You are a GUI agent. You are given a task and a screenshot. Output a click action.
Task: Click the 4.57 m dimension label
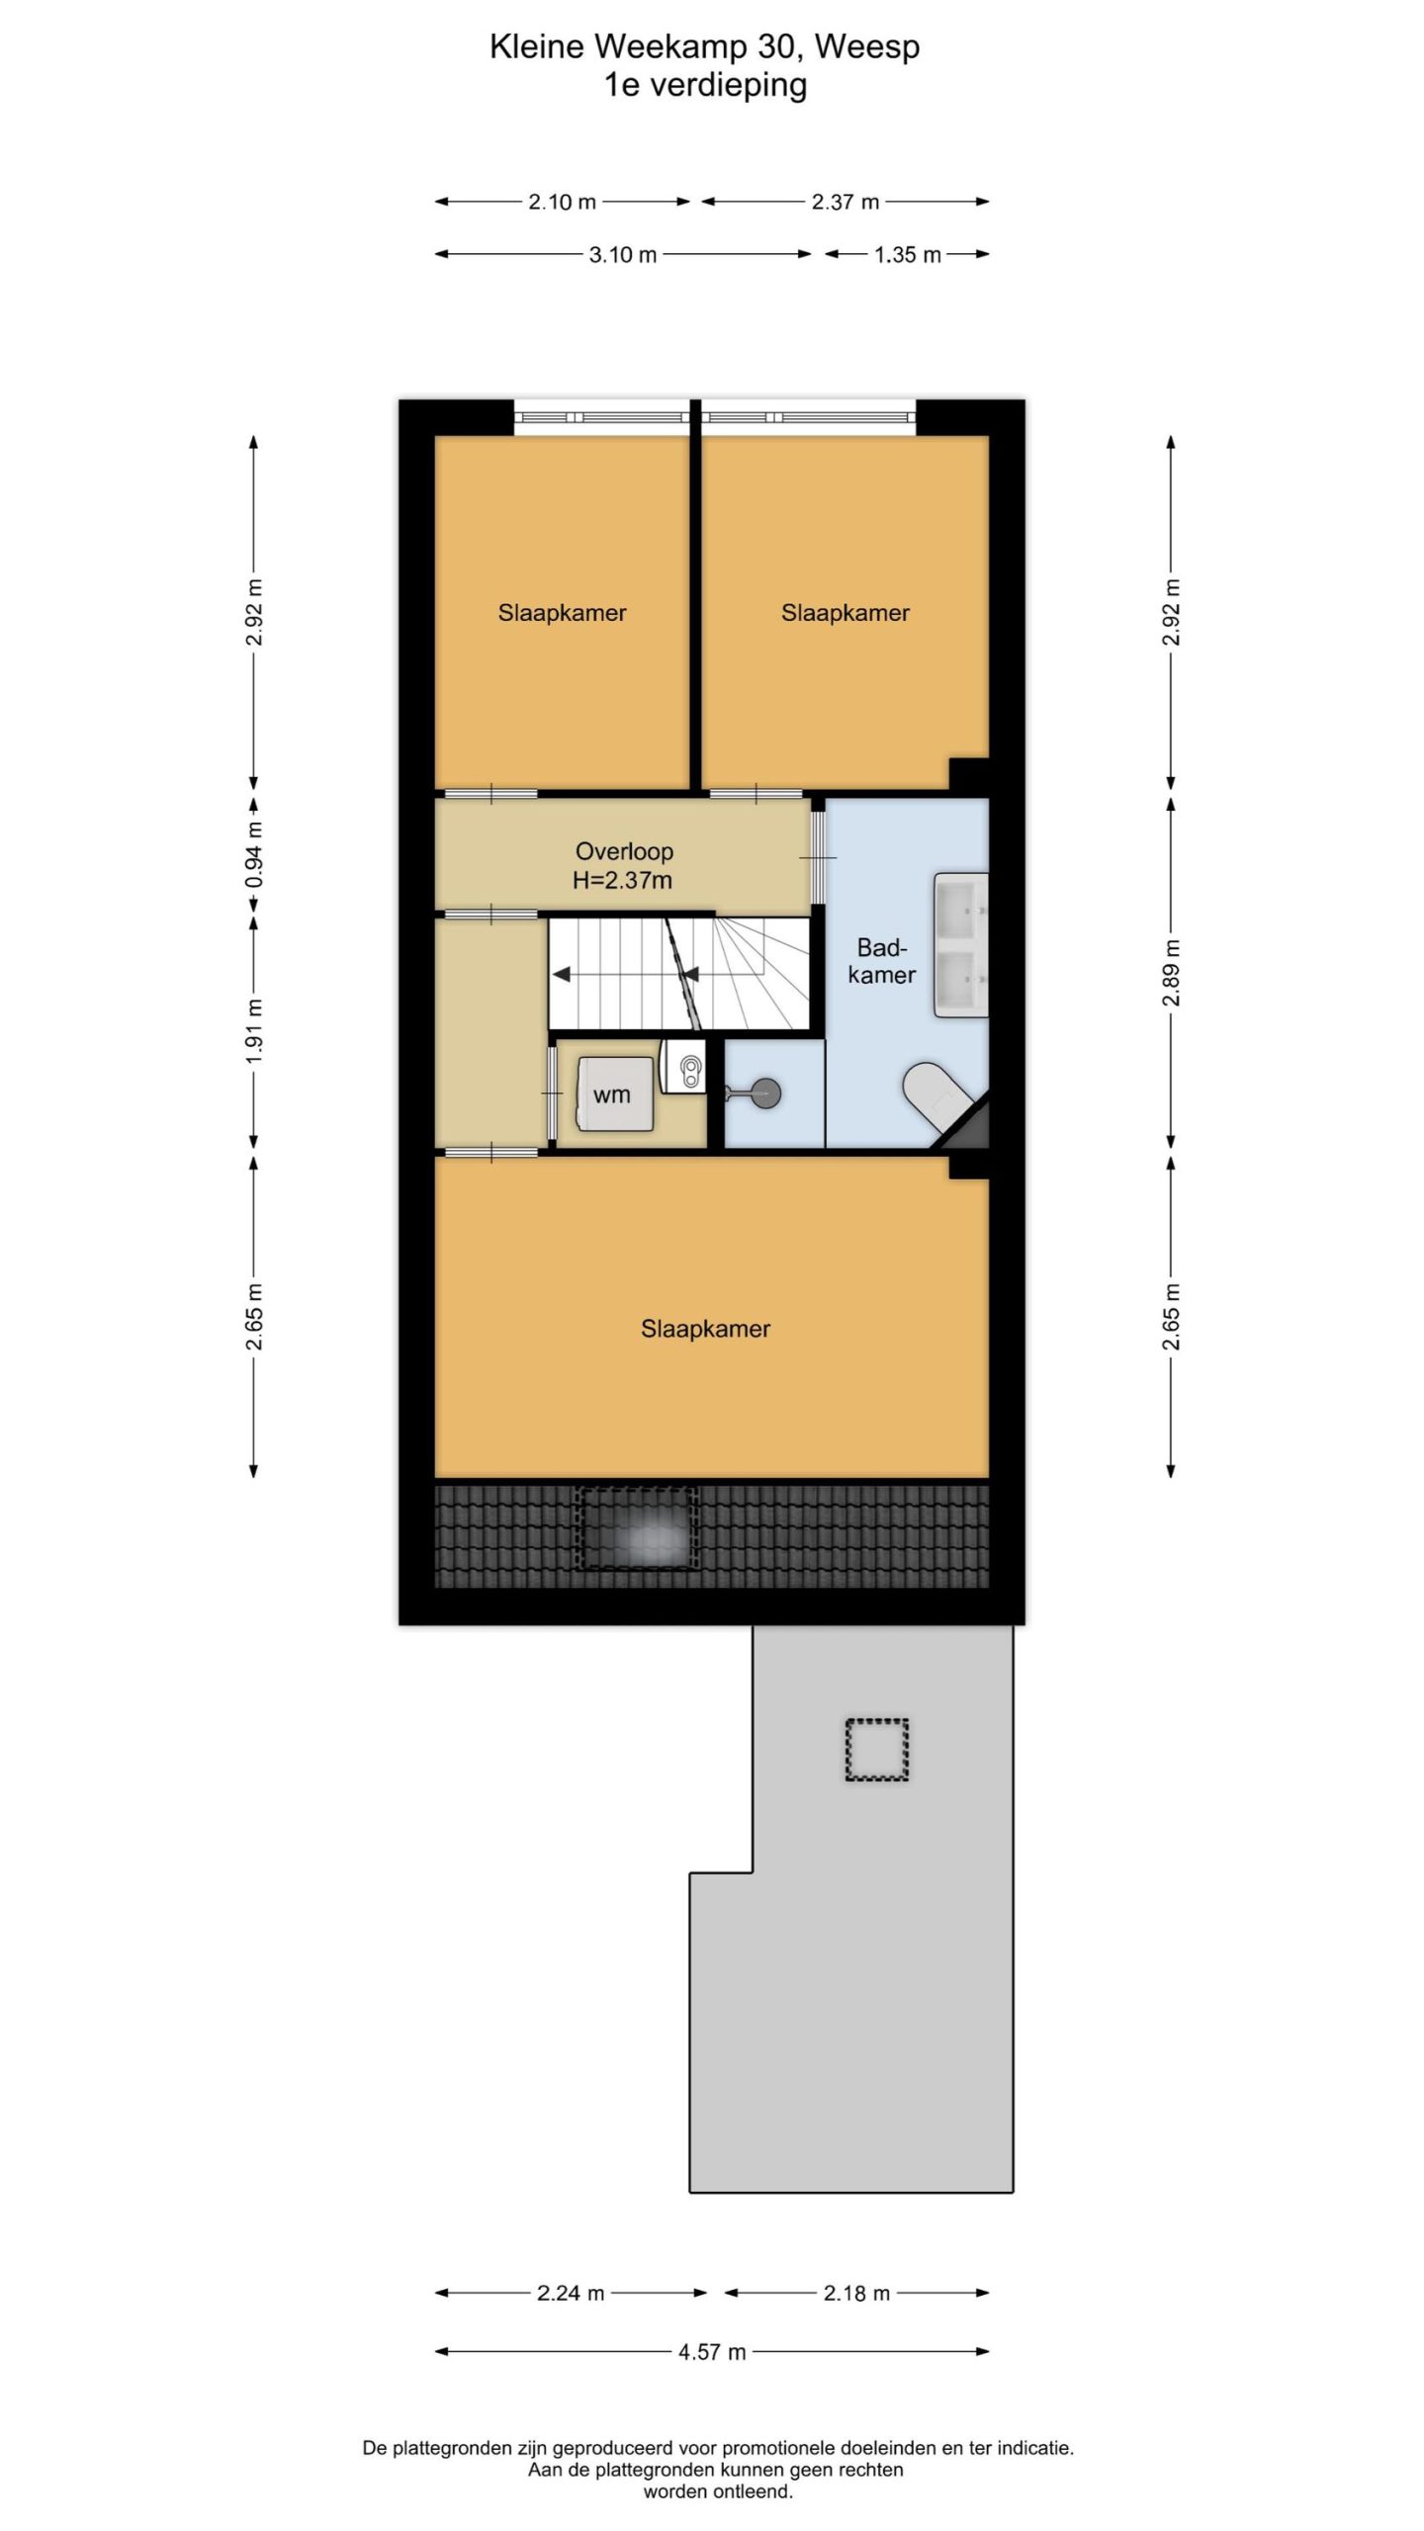click(711, 2352)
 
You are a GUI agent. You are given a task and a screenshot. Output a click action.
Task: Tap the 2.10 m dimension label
click(562, 202)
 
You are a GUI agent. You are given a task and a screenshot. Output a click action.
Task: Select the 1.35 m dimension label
click(907, 254)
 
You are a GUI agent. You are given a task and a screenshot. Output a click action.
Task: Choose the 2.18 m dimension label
click(856, 2293)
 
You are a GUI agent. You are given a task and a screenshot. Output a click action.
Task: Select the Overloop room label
click(624, 851)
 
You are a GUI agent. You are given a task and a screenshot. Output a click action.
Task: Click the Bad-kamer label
click(882, 961)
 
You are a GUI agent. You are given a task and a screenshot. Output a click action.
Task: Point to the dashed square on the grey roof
click(876, 1749)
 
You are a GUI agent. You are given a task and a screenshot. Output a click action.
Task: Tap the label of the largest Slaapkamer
click(705, 1329)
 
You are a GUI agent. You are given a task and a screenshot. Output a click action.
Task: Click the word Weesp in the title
click(867, 46)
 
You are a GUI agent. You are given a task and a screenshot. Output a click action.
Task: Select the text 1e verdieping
click(705, 85)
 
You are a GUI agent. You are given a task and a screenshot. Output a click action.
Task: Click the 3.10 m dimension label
click(623, 254)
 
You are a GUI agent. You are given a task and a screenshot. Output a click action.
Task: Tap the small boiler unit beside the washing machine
click(683, 1066)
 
